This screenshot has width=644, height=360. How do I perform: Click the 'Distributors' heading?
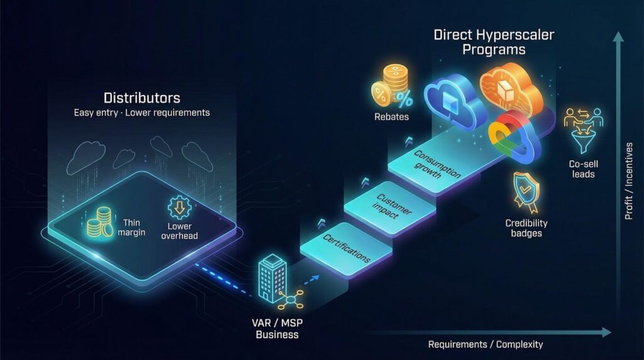(142, 98)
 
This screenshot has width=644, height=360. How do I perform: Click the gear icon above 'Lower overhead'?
(179, 208)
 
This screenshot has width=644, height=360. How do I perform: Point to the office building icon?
(272, 277)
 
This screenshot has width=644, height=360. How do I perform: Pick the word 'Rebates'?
(391, 117)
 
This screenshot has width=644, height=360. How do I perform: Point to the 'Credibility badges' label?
(526, 228)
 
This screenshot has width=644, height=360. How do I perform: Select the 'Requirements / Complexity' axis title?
(485, 344)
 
